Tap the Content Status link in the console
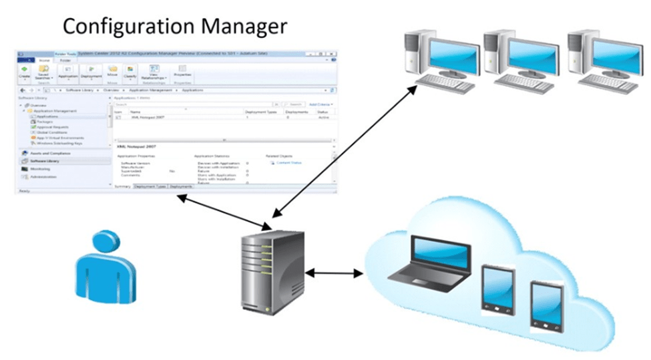coord(288,162)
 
